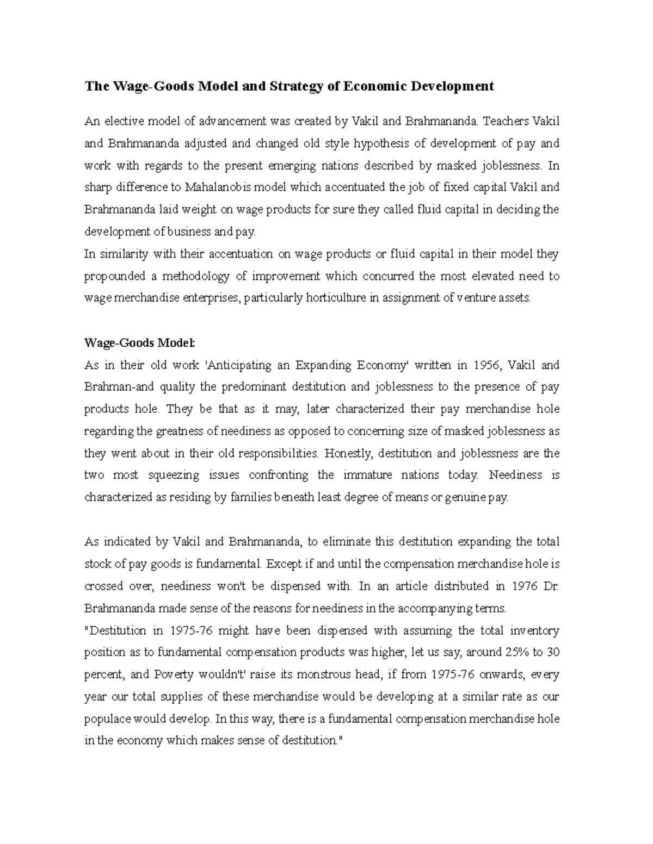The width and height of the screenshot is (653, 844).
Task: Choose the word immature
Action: tap(368, 475)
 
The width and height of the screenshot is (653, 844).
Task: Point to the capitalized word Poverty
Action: tap(174, 674)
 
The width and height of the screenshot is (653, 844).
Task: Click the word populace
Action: tap(108, 719)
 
